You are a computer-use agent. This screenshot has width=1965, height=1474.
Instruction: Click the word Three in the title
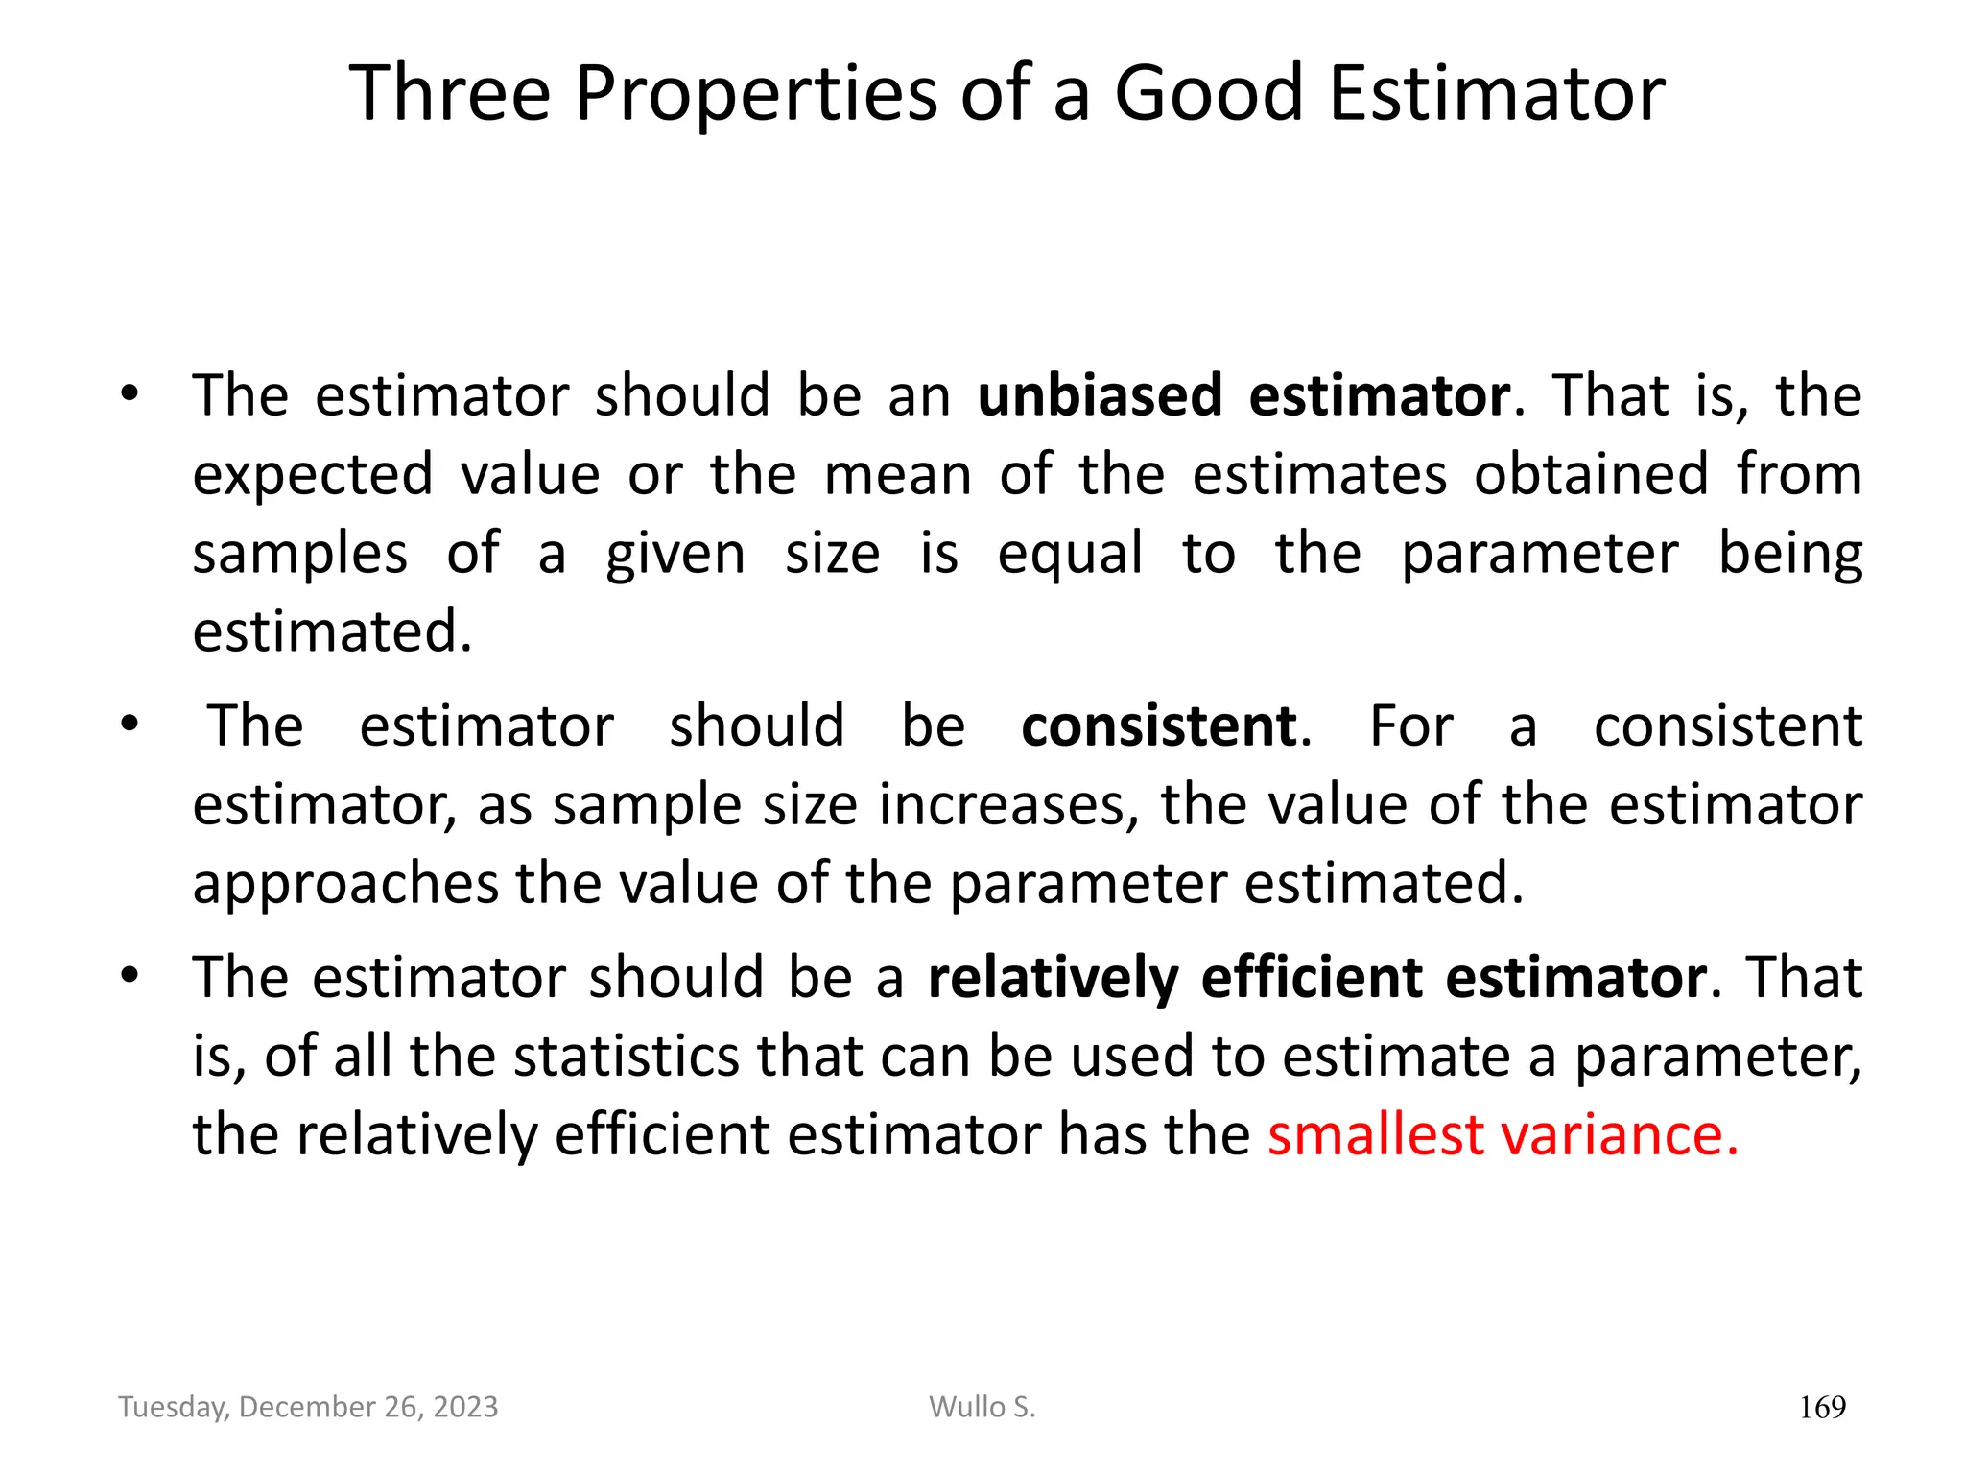449,93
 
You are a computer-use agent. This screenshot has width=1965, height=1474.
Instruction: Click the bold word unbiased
1100,394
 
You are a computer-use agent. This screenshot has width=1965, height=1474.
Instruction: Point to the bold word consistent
1158,725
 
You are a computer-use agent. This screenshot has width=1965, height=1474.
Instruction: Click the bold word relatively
1053,978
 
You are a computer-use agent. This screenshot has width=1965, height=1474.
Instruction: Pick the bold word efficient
1312,978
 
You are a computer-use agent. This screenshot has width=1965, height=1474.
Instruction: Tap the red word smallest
1373,1134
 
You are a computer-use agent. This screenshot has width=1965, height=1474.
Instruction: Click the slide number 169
1822,1408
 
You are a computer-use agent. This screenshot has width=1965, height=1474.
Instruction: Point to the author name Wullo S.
982,1407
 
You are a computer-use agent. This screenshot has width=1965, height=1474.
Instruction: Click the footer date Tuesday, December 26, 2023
308,1407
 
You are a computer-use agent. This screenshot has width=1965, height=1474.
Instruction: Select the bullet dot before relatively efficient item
130,977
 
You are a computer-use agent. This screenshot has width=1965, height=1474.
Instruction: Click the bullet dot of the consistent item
130,725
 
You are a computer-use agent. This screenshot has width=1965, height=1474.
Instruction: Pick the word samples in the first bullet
299,554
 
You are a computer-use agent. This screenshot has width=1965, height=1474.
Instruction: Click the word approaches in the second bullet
345,884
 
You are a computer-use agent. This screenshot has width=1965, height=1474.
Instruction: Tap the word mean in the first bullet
898,474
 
